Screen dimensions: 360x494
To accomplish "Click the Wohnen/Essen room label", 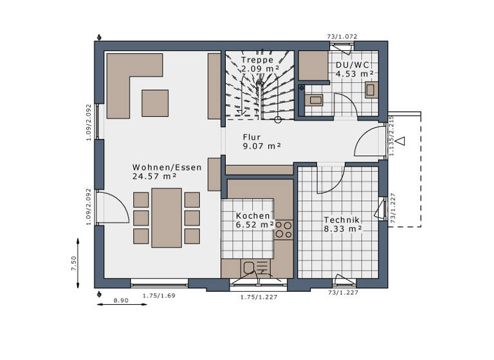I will [x=167, y=167].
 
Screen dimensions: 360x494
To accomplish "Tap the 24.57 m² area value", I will [x=154, y=176].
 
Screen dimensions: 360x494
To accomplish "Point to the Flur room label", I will [x=252, y=137].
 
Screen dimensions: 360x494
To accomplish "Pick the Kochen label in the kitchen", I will [x=253, y=216].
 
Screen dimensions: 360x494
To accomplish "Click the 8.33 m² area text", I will [x=342, y=228].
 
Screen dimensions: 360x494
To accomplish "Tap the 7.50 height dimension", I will [x=74, y=264].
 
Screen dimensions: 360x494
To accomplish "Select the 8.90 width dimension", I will [x=120, y=300].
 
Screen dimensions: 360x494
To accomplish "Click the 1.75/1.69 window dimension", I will [x=159, y=295].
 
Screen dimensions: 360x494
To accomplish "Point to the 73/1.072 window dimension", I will [x=342, y=37].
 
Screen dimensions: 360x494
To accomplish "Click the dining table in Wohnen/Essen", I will [x=167, y=217].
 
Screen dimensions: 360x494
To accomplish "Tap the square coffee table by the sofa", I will [x=155, y=103].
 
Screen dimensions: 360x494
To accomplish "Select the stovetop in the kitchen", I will [x=284, y=229].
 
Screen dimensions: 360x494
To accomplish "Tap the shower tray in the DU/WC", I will [x=314, y=65].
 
